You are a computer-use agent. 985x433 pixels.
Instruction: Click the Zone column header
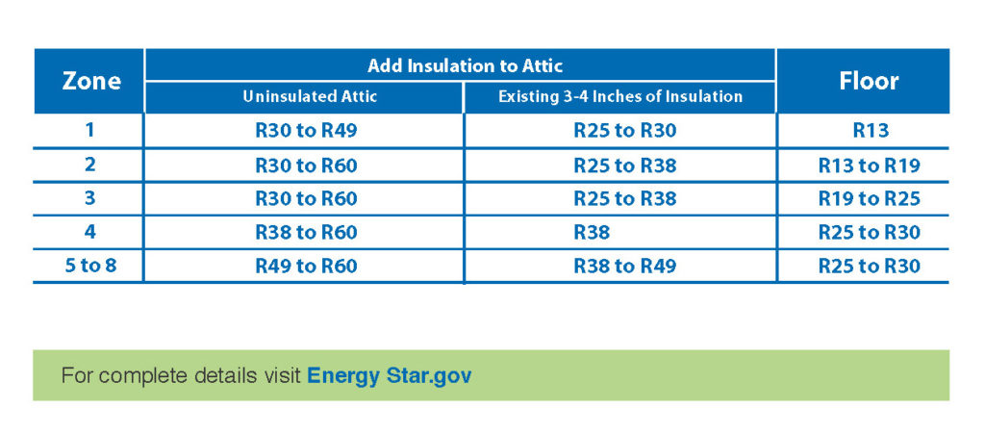coord(91,81)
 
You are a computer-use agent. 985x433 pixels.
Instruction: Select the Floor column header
coord(869,81)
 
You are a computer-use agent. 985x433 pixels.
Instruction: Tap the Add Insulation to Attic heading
coord(465,65)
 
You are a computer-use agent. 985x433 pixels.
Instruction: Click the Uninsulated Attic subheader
coord(311,97)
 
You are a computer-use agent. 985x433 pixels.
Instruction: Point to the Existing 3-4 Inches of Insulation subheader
coord(620,97)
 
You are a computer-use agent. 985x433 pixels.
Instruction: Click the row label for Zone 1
coord(89,130)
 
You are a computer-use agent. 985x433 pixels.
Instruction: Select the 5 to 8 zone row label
coord(91,266)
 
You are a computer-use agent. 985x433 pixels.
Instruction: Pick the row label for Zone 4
coord(89,231)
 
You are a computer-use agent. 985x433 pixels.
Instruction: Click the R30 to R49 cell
coord(306,131)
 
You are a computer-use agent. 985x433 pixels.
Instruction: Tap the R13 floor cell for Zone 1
coord(871,131)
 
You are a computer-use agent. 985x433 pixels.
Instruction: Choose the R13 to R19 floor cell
coord(869,166)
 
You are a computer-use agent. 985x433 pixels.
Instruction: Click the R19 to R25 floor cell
coord(869,198)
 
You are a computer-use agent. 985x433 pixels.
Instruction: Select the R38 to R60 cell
coord(306,233)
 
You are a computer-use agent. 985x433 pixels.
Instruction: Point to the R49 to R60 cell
coord(306,266)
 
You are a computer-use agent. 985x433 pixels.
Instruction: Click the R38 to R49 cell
coord(625,266)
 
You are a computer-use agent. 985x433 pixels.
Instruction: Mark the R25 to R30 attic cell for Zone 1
coord(625,131)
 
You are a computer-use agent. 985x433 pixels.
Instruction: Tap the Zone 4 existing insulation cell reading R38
coord(592,233)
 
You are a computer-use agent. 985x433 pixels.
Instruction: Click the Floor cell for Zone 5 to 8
coord(869,266)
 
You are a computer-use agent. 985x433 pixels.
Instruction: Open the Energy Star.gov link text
coord(389,376)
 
